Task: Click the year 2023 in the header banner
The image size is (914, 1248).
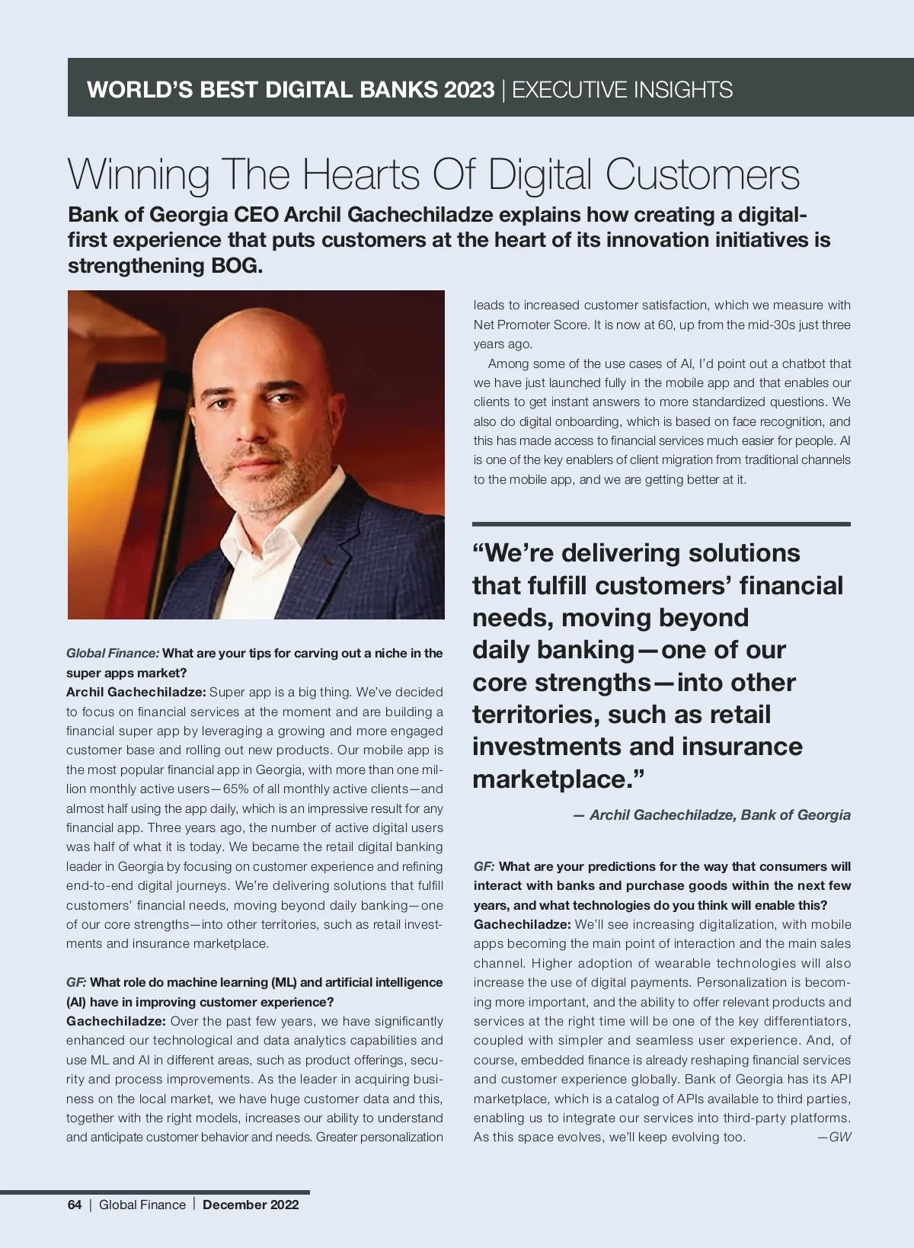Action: [469, 90]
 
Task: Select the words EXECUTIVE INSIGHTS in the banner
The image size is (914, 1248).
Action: [622, 90]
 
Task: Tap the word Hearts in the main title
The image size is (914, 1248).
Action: [361, 174]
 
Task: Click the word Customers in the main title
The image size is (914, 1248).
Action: [702, 174]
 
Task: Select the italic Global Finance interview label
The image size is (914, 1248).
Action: [113, 653]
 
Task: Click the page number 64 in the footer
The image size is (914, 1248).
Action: [75, 1205]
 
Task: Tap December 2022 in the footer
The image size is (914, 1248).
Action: [251, 1205]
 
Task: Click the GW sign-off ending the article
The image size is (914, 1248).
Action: [839, 1138]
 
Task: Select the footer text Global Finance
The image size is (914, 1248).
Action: [142, 1205]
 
